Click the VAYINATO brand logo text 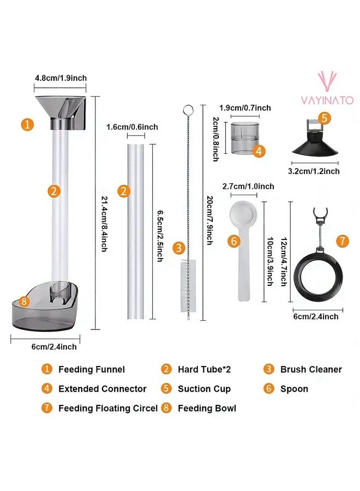pos(327,100)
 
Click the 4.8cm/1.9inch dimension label pos(61,78)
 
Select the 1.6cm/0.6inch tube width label pos(132,127)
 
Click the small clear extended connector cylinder pos(244,139)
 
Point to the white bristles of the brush pos(188,271)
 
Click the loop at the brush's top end pos(188,110)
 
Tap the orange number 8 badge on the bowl pos(23,301)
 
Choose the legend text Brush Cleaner pos(311,369)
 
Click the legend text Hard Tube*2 pos(205,369)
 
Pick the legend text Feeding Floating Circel pos(108,408)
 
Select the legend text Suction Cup pos(204,389)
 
